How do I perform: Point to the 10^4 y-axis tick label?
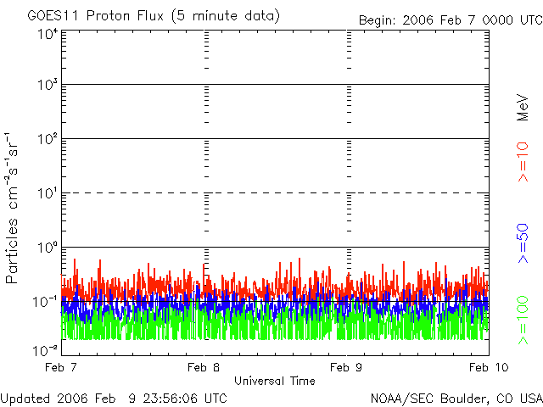[48, 35]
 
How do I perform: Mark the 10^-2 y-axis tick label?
[46, 349]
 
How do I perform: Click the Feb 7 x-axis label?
[61, 367]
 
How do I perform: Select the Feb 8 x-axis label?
[204, 367]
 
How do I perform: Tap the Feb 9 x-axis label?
[346, 367]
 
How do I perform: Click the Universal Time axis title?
[274, 381]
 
